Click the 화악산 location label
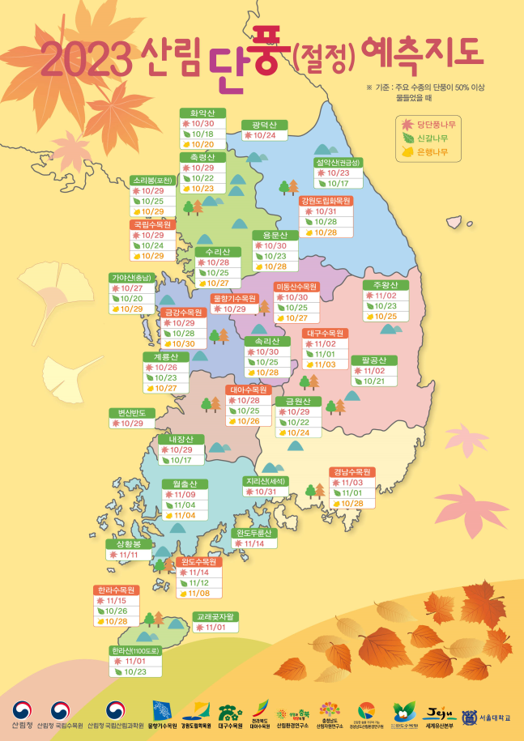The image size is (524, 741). click(x=202, y=113)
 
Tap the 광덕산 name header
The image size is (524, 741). click(x=264, y=125)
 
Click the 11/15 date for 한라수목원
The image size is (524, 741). click(x=117, y=601)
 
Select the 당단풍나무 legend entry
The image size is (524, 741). click(x=429, y=124)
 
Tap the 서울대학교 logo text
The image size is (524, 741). click(x=488, y=718)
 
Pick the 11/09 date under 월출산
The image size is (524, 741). click(x=185, y=495)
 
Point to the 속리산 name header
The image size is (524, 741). click(x=266, y=341)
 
